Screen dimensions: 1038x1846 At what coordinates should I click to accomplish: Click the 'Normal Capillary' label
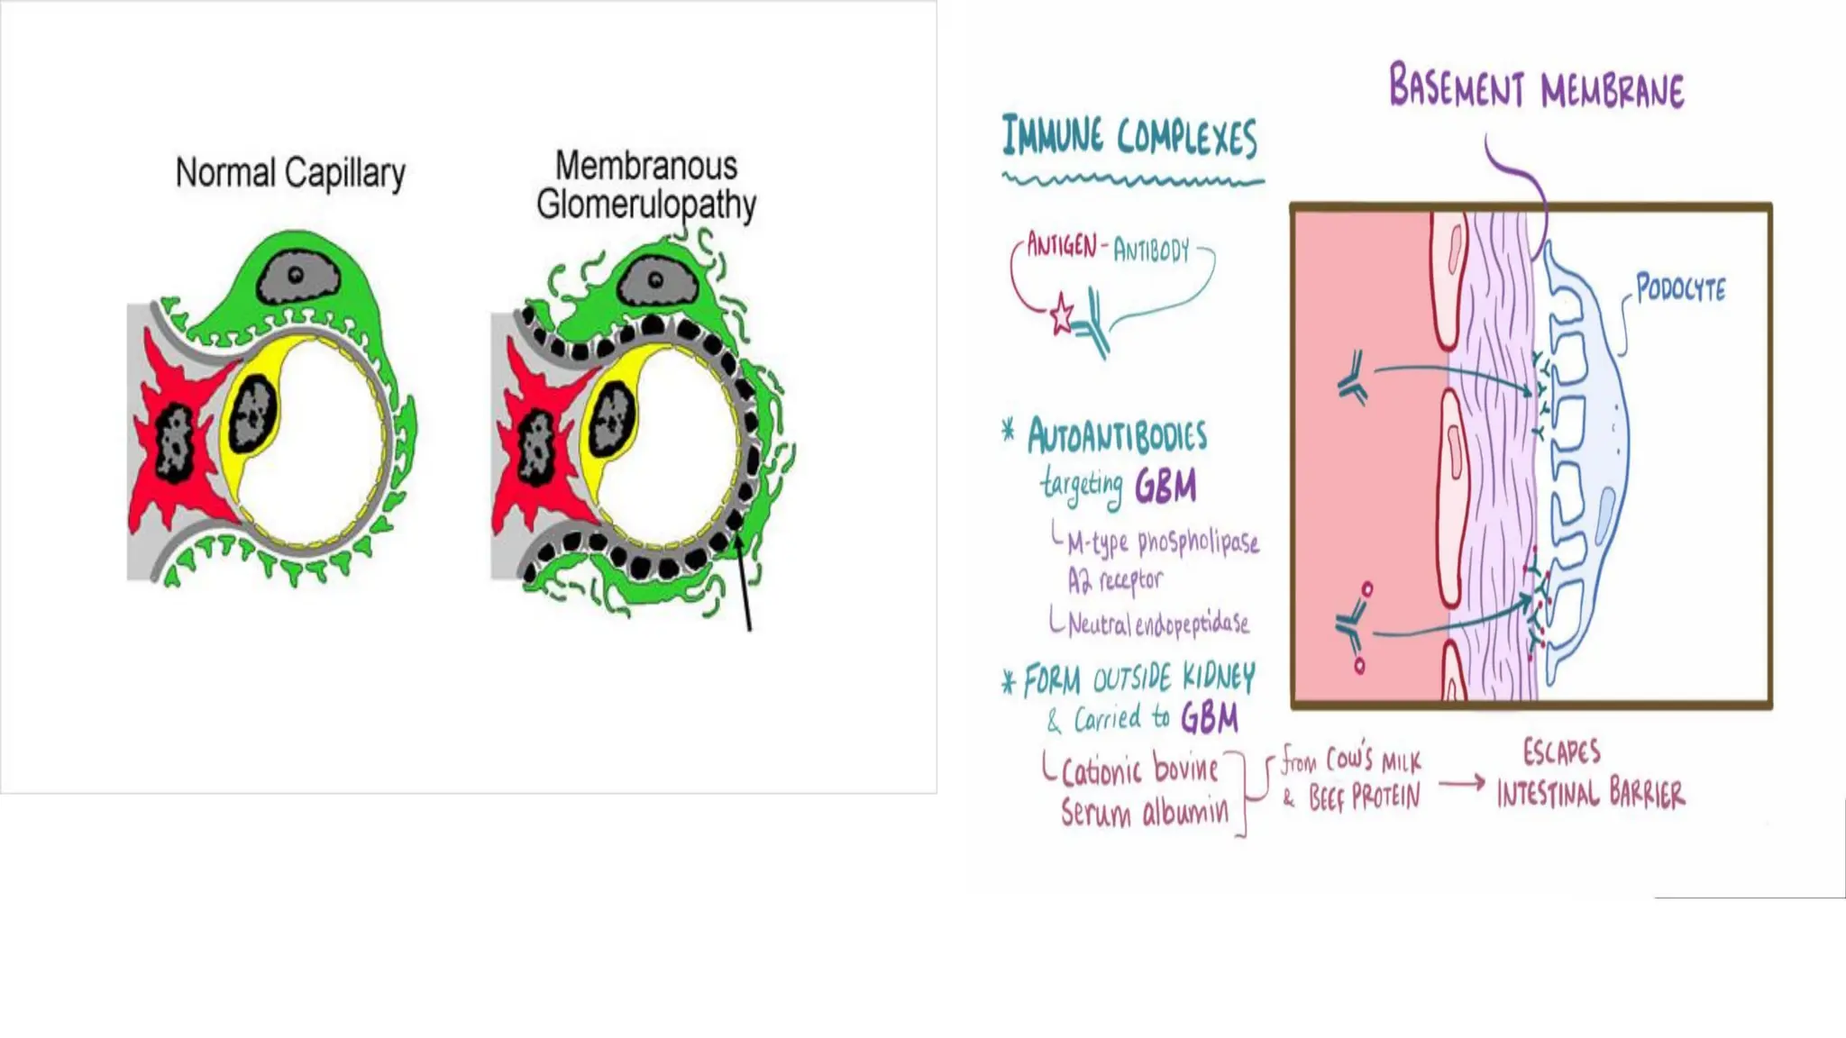pyautogui.click(x=289, y=173)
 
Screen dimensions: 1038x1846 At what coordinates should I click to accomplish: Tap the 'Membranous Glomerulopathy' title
pyautogui.click(x=645, y=186)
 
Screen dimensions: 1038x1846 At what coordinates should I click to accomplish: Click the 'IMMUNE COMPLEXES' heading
pyautogui.click(x=1129, y=138)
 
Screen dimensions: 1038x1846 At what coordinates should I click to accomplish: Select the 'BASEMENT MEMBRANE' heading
pyautogui.click(x=1536, y=88)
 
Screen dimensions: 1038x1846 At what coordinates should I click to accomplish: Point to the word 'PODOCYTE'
pyautogui.click(x=1680, y=289)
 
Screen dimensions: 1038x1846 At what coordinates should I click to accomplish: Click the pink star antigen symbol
pyautogui.click(x=1062, y=315)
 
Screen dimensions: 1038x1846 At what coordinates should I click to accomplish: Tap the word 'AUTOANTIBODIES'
pyautogui.click(x=1117, y=437)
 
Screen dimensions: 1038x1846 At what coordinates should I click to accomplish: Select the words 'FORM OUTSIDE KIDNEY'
pyautogui.click(x=1139, y=679)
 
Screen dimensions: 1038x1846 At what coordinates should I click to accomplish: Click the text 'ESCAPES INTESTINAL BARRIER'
pyautogui.click(x=1590, y=774)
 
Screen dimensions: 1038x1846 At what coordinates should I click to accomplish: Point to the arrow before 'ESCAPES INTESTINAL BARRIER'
pyautogui.click(x=1461, y=783)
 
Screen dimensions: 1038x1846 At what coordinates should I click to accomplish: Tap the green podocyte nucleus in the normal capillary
pyautogui.click(x=297, y=278)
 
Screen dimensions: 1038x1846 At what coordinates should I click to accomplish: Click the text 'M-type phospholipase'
pyautogui.click(x=1163, y=542)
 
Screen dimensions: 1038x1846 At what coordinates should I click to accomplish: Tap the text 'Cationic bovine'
pyautogui.click(x=1140, y=771)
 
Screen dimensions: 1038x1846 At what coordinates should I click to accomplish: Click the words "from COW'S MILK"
pyautogui.click(x=1351, y=760)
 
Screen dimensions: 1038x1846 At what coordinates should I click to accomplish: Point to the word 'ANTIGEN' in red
pyautogui.click(x=1062, y=245)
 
